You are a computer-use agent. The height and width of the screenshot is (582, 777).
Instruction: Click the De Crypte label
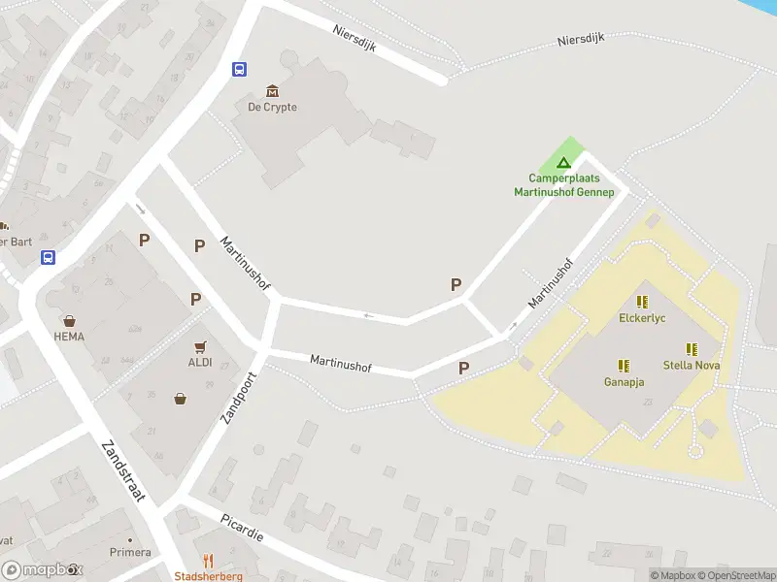coord(272,107)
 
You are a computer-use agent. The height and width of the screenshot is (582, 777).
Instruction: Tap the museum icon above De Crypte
coord(271,90)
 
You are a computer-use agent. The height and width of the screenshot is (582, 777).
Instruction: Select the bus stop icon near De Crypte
coord(239,69)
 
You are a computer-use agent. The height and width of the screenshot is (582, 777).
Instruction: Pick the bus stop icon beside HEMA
coord(48,257)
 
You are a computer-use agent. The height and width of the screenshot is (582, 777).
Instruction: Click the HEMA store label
coord(69,337)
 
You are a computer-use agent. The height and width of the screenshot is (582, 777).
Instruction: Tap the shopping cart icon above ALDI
coord(200,346)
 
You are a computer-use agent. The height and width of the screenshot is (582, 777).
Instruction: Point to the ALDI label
coord(200,363)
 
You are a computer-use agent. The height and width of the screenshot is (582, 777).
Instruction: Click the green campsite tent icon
coord(562,162)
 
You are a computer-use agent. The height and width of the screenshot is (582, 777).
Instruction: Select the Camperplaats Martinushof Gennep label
coord(564,185)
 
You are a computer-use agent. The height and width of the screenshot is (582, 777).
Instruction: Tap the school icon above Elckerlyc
coord(642,302)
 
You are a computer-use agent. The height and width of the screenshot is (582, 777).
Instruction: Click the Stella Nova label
coord(691,366)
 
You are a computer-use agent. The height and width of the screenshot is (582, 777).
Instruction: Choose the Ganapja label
coord(624,382)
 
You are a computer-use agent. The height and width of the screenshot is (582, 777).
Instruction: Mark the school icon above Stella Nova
coord(692,349)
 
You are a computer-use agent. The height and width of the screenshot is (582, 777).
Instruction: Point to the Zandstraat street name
coord(122,472)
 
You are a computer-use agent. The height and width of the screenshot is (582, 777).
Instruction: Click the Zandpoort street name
coord(238,399)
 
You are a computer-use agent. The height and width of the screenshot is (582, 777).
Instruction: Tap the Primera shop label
coord(130,552)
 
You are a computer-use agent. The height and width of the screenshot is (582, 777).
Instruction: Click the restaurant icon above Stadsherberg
coord(208,562)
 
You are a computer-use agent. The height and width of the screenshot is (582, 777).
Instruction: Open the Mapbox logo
coord(42,570)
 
